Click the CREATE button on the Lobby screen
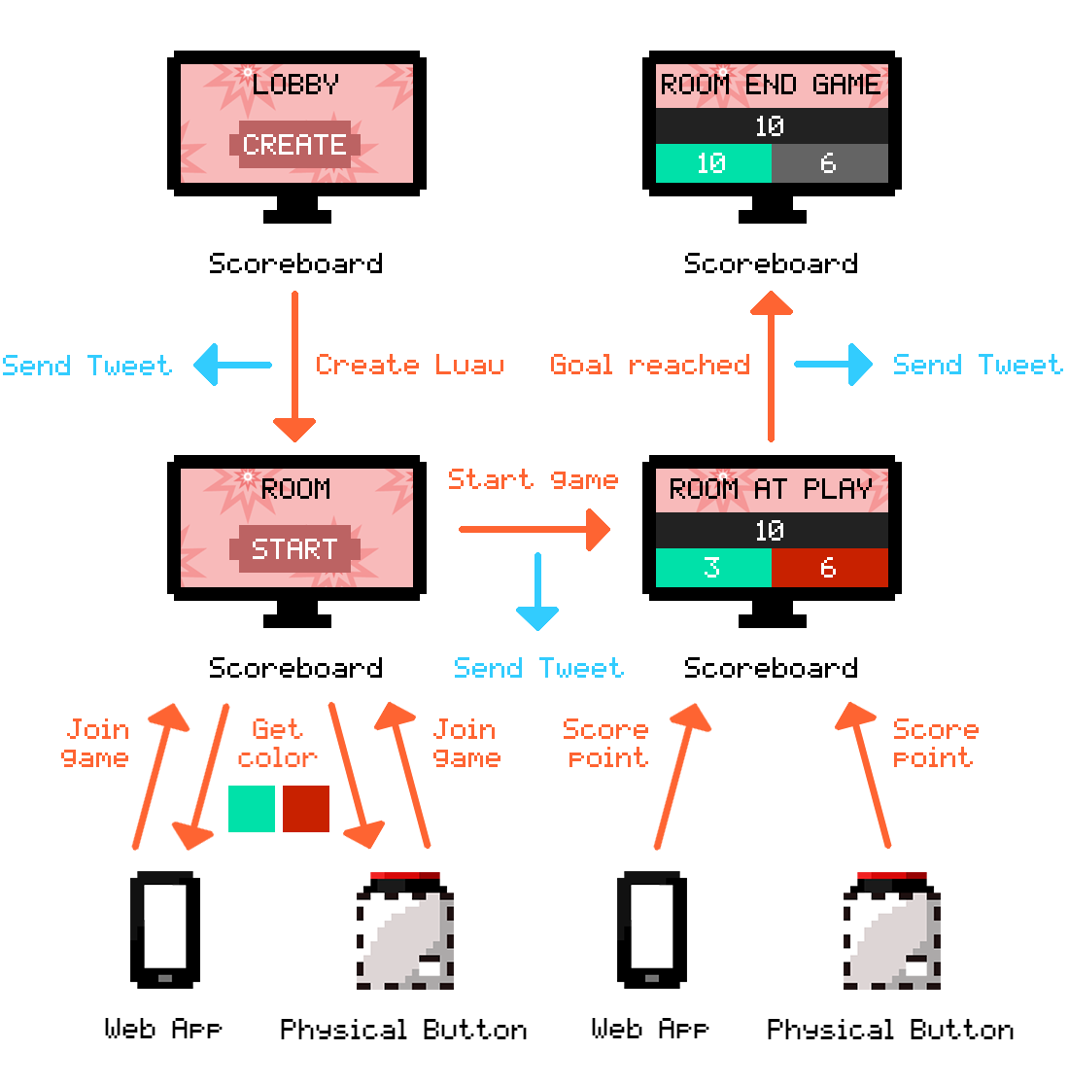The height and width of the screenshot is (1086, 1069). pyautogui.click(x=294, y=145)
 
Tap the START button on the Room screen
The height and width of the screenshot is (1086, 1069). pyautogui.click(x=294, y=549)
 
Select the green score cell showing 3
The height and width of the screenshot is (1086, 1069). pyautogui.click(x=712, y=568)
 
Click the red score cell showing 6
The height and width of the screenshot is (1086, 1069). pyautogui.click(x=829, y=568)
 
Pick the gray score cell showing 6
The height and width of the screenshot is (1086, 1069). pyautogui.click(x=829, y=163)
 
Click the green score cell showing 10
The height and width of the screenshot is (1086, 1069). pyautogui.click(x=712, y=163)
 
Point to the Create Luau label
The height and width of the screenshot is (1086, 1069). pyautogui.click(x=409, y=366)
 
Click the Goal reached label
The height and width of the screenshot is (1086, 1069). pyautogui.click(x=649, y=366)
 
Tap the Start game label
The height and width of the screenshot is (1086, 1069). pyautogui.click(x=533, y=479)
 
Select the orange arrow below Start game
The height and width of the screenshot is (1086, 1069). pyautogui.click(x=534, y=530)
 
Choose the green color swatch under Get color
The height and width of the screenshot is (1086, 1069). pyautogui.click(x=252, y=809)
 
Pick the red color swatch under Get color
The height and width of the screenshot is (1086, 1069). pyautogui.click(x=306, y=809)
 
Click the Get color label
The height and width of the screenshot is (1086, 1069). pyautogui.click(x=277, y=744)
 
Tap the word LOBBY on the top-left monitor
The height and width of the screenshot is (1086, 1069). pyautogui.click(x=295, y=85)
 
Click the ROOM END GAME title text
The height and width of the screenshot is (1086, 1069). pyautogui.click(x=771, y=85)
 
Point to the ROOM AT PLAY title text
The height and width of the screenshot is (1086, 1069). pyautogui.click(x=771, y=488)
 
